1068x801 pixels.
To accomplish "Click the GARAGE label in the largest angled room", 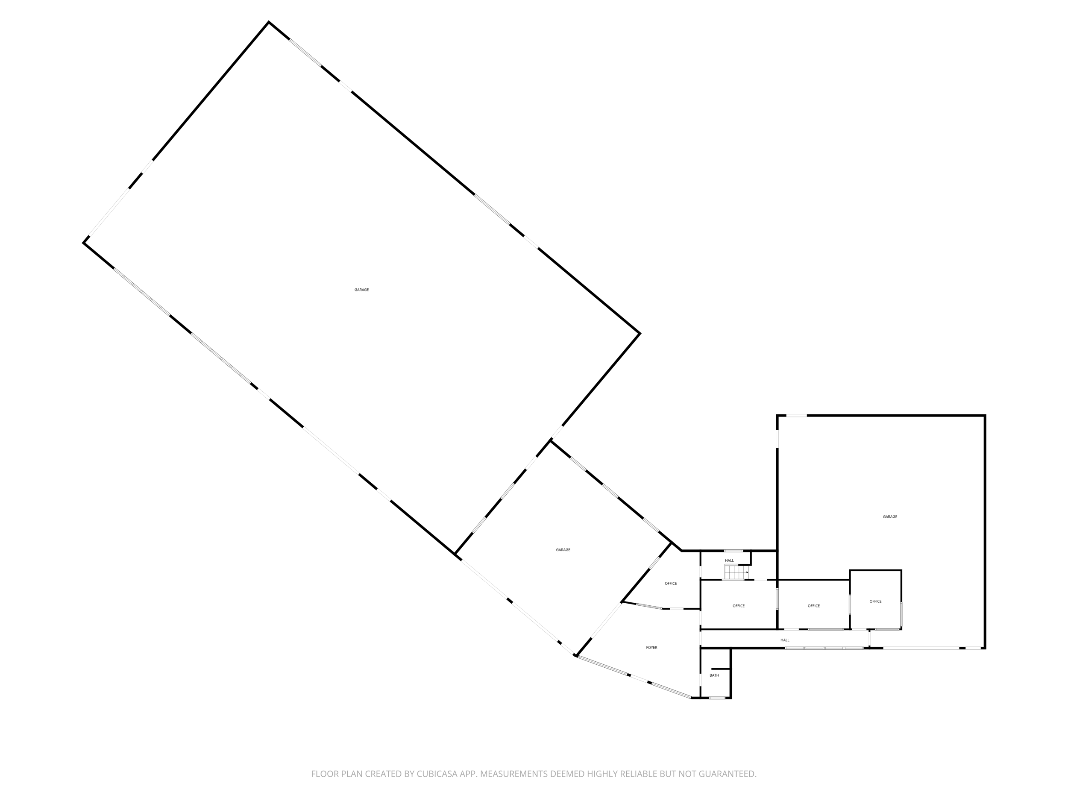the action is point(362,290).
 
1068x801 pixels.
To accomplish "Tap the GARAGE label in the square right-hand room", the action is point(890,516).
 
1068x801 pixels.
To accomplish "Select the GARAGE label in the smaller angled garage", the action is point(563,550).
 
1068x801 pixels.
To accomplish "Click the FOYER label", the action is point(651,648).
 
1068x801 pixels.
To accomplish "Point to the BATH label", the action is point(714,675).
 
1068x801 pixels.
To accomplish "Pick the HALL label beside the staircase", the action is point(729,560).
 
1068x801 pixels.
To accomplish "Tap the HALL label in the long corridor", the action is point(785,640).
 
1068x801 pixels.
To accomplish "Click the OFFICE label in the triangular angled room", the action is point(671,583).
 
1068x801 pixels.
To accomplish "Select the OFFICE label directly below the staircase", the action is point(738,606).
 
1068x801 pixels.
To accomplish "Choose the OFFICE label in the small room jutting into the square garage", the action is point(875,601).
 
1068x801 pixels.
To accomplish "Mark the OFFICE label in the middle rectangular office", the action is point(813,606).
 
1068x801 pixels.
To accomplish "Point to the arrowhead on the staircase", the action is point(747,572).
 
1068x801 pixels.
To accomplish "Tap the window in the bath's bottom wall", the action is point(717,698).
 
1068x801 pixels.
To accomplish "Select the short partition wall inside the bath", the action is point(720,669).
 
